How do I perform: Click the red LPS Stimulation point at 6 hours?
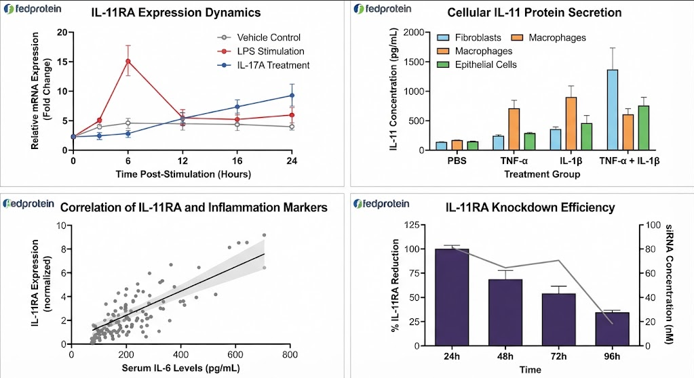click(x=128, y=61)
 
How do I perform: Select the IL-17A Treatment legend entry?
click(x=263, y=66)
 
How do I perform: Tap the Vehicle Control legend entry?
click(x=258, y=37)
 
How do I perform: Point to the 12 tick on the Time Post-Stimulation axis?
click(x=182, y=161)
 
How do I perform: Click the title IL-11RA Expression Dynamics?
click(x=176, y=12)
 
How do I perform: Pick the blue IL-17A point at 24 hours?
click(x=292, y=95)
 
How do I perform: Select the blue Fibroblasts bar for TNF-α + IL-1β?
click(x=613, y=110)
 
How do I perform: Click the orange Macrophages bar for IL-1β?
click(x=571, y=124)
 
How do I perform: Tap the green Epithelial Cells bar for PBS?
click(x=473, y=146)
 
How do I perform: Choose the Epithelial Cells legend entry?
click(x=477, y=65)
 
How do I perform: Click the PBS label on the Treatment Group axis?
click(x=457, y=161)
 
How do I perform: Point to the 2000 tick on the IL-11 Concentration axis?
click(x=413, y=33)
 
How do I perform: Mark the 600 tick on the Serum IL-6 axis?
click(x=235, y=354)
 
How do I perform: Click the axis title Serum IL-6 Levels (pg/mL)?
click(x=180, y=368)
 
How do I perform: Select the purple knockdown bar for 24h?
click(x=452, y=297)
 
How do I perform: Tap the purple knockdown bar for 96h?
click(x=612, y=329)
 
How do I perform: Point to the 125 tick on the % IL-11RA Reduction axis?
click(x=412, y=225)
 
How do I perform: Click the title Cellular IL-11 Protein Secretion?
click(x=534, y=12)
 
